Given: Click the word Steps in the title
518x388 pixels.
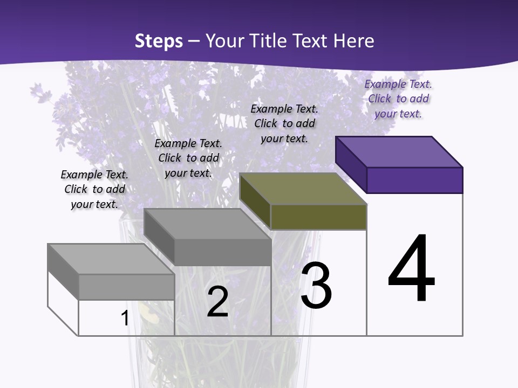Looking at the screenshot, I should [159, 41].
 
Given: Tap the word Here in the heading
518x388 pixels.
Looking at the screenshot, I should [353, 41].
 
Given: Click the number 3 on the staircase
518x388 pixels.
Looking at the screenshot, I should [316, 286].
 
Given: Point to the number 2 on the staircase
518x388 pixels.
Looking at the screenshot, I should [217, 302].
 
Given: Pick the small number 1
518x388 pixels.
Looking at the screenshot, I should [125, 318].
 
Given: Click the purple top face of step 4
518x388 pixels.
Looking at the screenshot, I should [399, 152].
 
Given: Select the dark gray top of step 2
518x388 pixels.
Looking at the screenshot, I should [208, 224].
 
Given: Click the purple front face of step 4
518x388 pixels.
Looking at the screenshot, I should [414, 180].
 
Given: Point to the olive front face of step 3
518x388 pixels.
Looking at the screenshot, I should [318, 217].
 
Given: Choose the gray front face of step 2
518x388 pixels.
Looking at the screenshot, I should [222, 252].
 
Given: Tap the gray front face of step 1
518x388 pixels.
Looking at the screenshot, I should [126, 287].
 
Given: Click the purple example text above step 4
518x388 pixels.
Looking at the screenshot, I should [398, 99].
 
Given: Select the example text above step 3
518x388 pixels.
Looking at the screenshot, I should [284, 123].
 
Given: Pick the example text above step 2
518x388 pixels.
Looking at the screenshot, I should [188, 158].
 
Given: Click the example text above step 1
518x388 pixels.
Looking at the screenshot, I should [94, 189].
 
